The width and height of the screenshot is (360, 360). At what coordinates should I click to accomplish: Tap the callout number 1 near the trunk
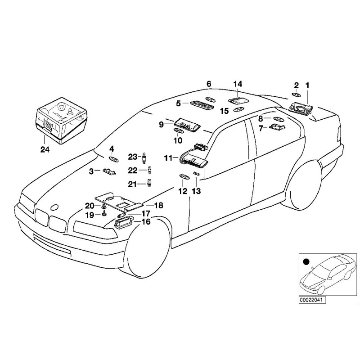pos(308,85)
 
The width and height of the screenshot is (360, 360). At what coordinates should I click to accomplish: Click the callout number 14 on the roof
pos(238,84)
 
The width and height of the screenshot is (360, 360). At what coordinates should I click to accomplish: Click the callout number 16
pos(146,221)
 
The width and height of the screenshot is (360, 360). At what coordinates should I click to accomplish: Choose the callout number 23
pos(132,157)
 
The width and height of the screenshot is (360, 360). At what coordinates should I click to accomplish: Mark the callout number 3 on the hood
pos(91,171)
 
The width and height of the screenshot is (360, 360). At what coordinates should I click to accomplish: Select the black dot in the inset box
pos(306,261)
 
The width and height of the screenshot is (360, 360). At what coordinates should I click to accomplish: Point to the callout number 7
pos(260,128)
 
